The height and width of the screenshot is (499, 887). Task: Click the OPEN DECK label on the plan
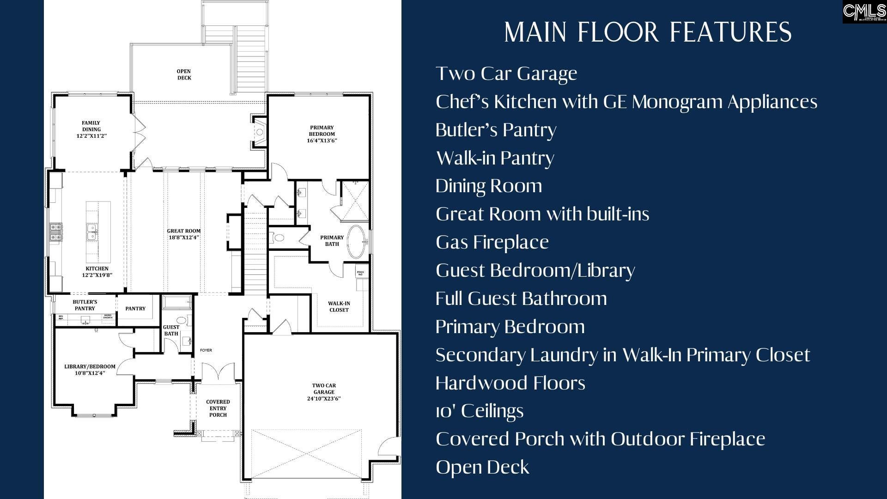pos(184,74)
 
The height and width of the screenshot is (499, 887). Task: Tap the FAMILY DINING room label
pos(91,129)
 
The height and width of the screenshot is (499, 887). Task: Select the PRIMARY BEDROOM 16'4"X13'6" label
pos(322,134)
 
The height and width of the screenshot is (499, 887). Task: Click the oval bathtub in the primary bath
pos(355,241)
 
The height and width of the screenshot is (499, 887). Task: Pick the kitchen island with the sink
pos(98,232)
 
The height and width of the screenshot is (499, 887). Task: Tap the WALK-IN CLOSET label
pos(339,307)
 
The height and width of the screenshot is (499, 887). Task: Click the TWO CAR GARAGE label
pos(324,392)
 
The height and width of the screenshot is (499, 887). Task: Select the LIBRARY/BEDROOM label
pos(90,370)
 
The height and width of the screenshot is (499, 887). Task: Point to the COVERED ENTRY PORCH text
pos(218,408)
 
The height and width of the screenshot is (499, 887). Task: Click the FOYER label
pos(206,350)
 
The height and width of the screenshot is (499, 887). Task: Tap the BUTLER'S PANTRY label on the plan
pos(85,305)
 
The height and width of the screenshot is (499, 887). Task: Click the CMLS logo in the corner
pos(864,12)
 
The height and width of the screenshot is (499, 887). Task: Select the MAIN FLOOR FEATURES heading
pos(648,32)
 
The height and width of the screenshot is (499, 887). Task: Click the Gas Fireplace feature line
pos(492,242)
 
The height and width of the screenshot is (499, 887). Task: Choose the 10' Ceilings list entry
pos(480,411)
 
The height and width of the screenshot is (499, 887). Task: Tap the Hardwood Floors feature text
pos(510,383)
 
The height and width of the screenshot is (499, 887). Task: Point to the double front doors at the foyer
pos(218,372)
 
